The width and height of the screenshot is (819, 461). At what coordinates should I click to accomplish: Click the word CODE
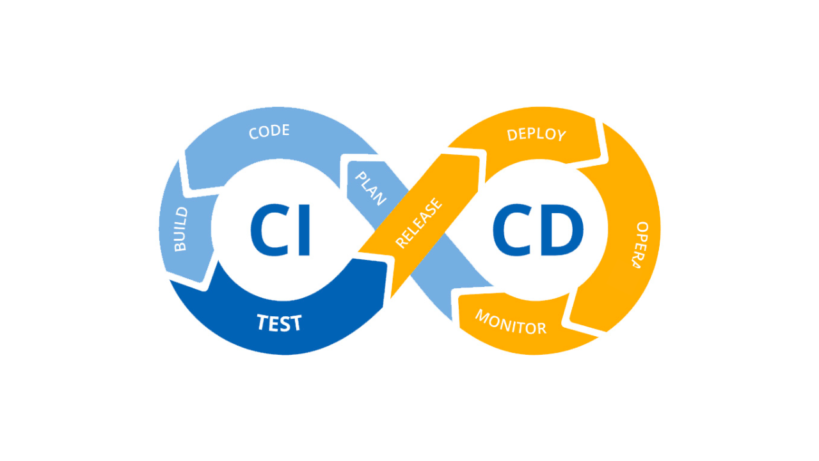point(269,132)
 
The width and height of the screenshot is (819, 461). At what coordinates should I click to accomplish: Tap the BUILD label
point(180,229)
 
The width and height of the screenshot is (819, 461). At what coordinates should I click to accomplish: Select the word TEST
point(279,323)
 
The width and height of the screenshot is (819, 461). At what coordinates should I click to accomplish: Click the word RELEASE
point(418,223)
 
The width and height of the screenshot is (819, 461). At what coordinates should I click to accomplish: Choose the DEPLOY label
point(536,134)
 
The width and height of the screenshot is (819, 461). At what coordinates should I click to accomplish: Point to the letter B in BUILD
point(181,246)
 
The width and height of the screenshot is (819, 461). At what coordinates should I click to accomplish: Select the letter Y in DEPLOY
point(561,136)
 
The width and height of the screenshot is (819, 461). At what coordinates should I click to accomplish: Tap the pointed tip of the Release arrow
point(479,156)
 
